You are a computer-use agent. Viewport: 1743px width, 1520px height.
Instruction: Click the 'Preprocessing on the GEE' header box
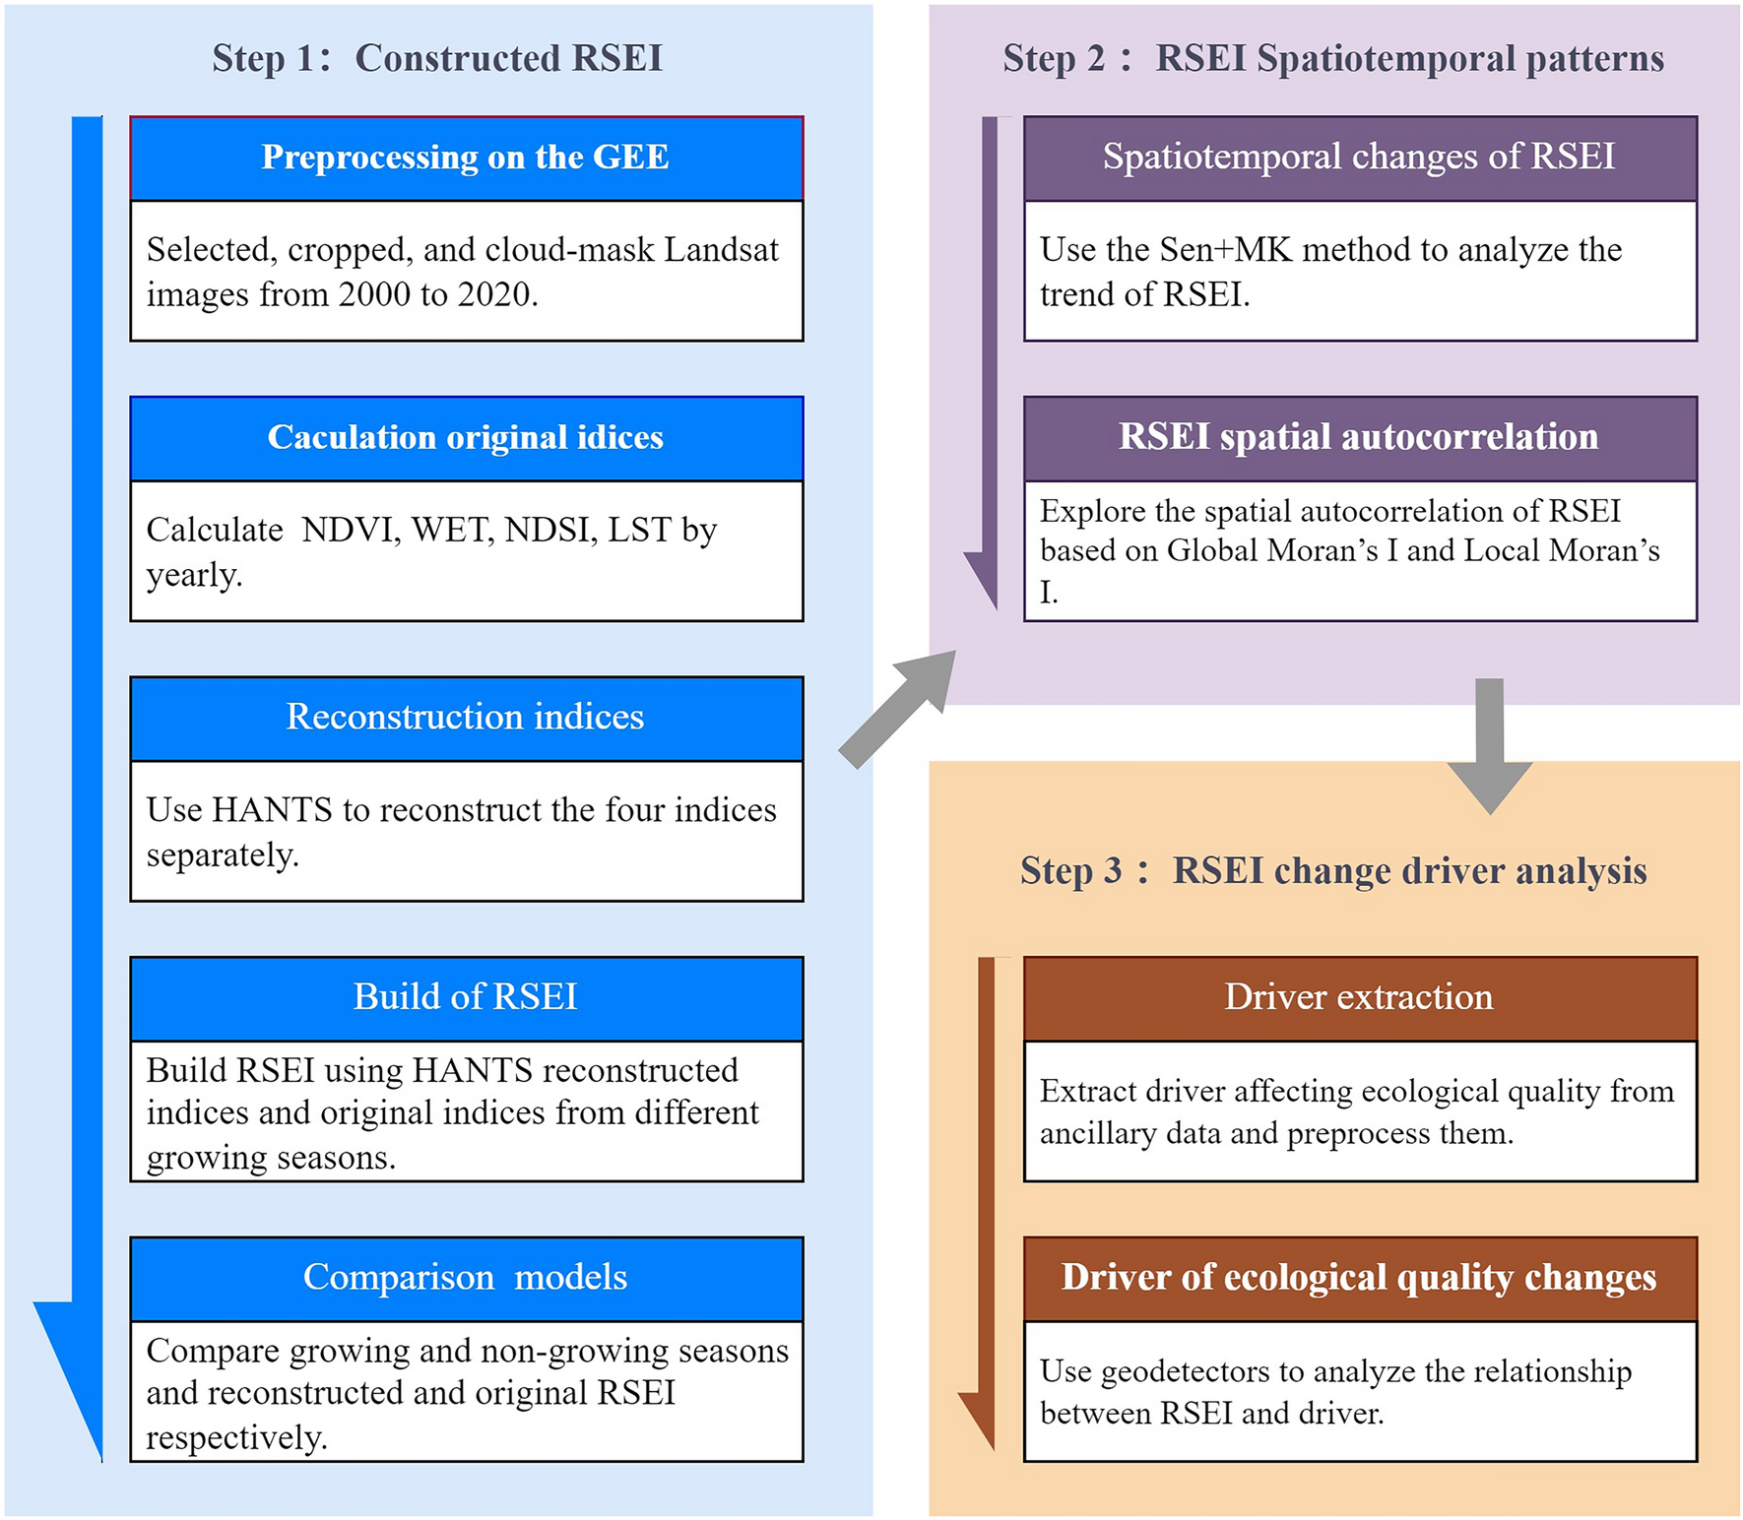coord(466,158)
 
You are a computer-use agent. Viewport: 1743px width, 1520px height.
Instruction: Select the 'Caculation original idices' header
coord(466,438)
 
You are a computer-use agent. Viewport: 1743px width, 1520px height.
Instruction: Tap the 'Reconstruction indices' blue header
coord(466,718)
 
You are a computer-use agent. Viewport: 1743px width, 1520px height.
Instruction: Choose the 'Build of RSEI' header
coord(466,997)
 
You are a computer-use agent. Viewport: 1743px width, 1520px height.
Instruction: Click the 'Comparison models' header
coord(466,1278)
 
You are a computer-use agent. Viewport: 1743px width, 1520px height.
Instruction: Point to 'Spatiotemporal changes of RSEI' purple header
coord(1359,158)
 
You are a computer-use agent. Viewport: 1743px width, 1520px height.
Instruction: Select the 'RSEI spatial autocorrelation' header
coord(1359,437)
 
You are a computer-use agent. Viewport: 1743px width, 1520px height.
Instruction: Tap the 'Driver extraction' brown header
coord(1359,997)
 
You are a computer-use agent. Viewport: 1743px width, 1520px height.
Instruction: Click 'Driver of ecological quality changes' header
coord(1359,1278)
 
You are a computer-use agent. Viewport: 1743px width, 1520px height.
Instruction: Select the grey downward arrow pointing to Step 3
coord(1489,748)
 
